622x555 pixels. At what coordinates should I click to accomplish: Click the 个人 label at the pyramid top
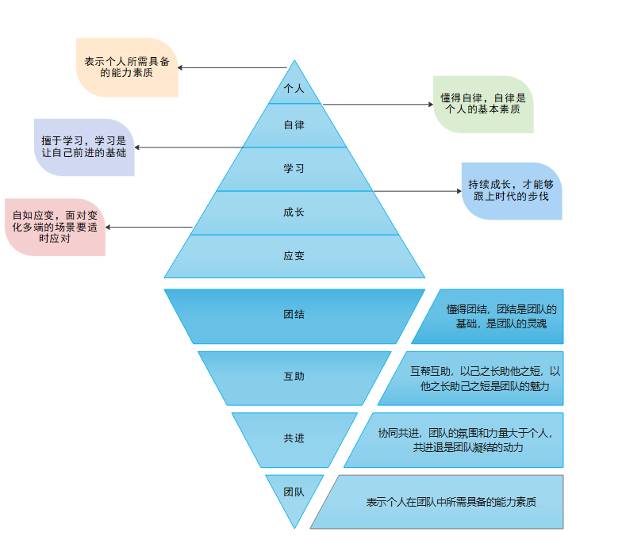click(294, 88)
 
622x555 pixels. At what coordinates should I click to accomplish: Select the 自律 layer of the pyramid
click(294, 125)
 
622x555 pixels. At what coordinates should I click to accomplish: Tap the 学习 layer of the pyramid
click(294, 169)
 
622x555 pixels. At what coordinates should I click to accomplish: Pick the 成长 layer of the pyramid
click(294, 212)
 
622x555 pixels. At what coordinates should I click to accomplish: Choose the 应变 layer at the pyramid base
click(294, 256)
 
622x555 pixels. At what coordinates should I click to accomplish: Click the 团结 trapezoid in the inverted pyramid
click(294, 315)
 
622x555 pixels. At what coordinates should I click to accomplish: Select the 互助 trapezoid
click(294, 376)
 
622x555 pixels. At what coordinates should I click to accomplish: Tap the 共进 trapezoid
click(294, 438)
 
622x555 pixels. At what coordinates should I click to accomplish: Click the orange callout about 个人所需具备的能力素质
click(127, 67)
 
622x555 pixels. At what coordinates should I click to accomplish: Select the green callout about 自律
click(483, 104)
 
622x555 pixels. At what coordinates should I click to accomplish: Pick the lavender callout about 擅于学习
click(84, 147)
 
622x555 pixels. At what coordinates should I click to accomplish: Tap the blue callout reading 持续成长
click(512, 190)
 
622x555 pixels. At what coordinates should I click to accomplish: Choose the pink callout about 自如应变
click(55, 227)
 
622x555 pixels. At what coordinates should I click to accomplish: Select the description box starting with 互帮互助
click(485, 378)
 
